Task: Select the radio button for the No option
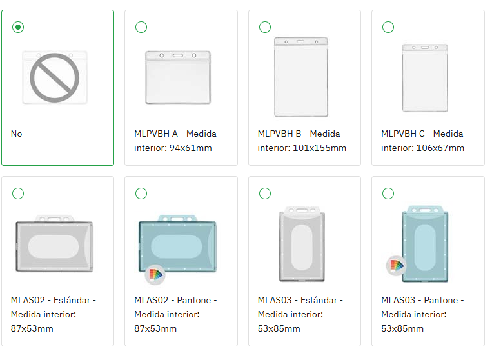[x=18, y=27]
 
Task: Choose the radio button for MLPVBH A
[x=141, y=27]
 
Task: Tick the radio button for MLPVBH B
[x=265, y=27]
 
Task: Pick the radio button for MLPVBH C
[x=388, y=27]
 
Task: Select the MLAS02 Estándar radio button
[x=18, y=194]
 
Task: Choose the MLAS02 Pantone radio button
[x=141, y=194]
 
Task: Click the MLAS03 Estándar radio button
[x=265, y=194]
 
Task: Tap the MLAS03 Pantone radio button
[x=388, y=194]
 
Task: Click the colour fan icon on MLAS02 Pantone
[x=155, y=275]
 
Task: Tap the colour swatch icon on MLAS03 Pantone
[x=397, y=266]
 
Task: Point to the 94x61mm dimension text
[x=190, y=148]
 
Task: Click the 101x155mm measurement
[x=319, y=148]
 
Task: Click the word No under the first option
[x=16, y=134]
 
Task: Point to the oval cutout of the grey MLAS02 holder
[x=54, y=246]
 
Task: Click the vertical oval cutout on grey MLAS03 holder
[x=302, y=247]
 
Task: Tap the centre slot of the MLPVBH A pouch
[x=177, y=55]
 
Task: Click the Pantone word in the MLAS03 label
[x=441, y=301]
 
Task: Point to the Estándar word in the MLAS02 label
[x=72, y=300]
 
